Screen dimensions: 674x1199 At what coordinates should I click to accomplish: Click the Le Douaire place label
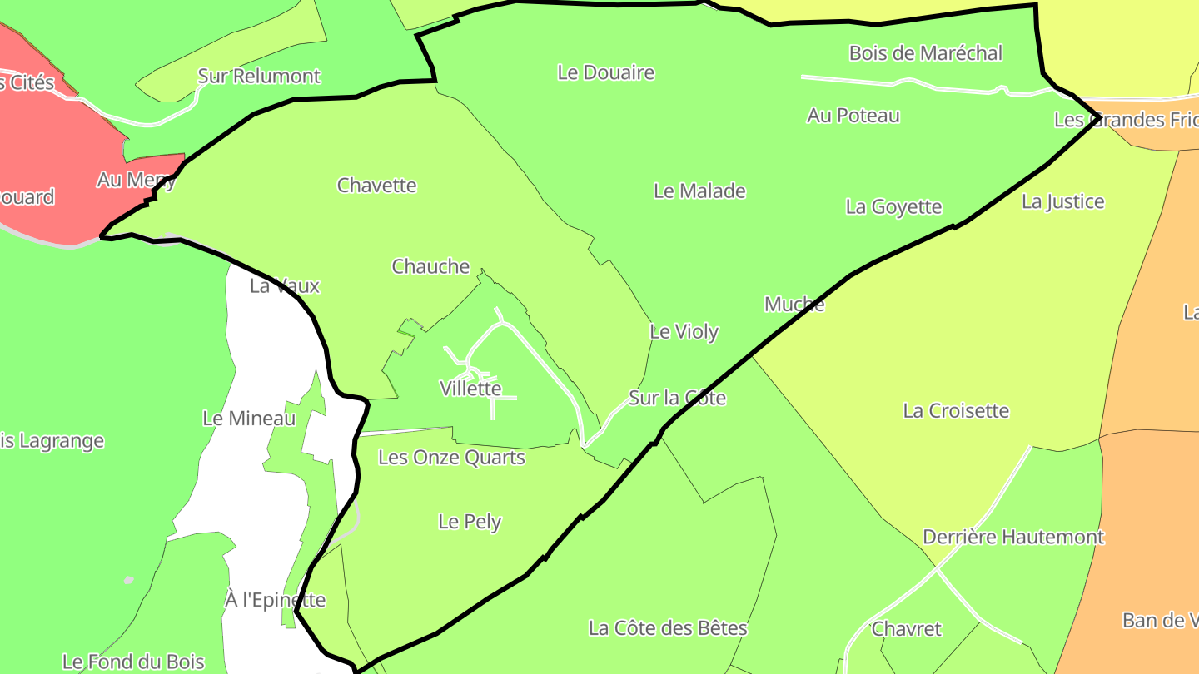pyautogui.click(x=606, y=72)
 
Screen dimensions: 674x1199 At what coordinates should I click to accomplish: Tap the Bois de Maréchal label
pyautogui.click(x=926, y=53)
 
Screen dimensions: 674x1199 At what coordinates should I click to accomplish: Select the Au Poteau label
pyautogui.click(x=853, y=116)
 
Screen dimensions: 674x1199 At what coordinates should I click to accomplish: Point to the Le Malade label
pyautogui.click(x=699, y=191)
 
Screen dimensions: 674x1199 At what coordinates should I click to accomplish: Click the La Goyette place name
pyautogui.click(x=893, y=206)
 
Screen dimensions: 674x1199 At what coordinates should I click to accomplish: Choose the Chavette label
pyautogui.click(x=376, y=185)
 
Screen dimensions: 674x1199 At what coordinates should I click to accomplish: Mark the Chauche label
pyautogui.click(x=430, y=266)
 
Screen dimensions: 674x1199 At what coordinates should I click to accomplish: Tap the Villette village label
pyautogui.click(x=470, y=388)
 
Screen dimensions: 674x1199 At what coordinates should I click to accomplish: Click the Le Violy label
pyautogui.click(x=684, y=331)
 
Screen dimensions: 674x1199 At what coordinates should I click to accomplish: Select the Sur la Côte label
pyautogui.click(x=677, y=398)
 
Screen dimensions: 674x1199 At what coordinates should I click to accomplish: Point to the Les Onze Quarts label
pyautogui.click(x=451, y=457)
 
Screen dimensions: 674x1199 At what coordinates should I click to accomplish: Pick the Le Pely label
pyautogui.click(x=470, y=522)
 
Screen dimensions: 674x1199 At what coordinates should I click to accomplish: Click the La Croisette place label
pyautogui.click(x=956, y=410)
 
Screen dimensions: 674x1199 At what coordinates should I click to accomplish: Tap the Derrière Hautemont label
pyautogui.click(x=1013, y=537)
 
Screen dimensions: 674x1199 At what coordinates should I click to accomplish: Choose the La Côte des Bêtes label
pyautogui.click(x=668, y=627)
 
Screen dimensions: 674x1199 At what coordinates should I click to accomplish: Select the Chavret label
pyautogui.click(x=906, y=628)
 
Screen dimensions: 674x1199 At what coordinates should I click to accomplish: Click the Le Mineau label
pyautogui.click(x=249, y=418)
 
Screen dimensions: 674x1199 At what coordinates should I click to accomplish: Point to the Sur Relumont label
pyautogui.click(x=259, y=77)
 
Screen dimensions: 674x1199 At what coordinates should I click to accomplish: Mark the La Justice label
pyautogui.click(x=1063, y=201)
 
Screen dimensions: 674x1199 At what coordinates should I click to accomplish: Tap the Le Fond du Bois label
pyautogui.click(x=133, y=662)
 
